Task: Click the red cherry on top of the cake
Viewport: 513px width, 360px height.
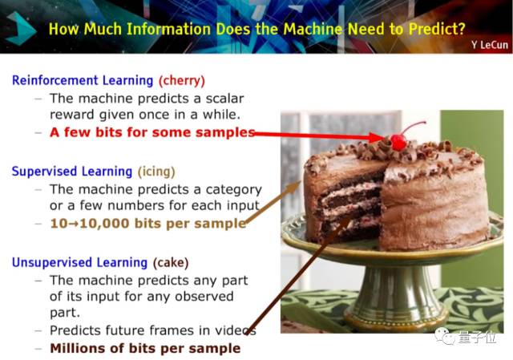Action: coord(398,143)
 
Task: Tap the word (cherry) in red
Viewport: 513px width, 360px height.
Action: coord(182,80)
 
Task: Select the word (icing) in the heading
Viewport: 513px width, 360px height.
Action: coord(156,172)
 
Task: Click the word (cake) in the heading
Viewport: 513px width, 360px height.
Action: coord(171,262)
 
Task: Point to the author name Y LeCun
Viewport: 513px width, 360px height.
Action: coord(490,45)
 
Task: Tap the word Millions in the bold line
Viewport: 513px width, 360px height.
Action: coord(79,348)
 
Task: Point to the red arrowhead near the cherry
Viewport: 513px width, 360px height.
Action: coord(376,137)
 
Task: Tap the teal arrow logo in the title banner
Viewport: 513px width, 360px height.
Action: coord(20,28)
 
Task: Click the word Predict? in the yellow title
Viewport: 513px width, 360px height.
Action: coord(437,29)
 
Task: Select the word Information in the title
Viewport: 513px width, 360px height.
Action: coord(168,29)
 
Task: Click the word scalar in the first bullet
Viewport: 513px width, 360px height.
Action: coord(224,99)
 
